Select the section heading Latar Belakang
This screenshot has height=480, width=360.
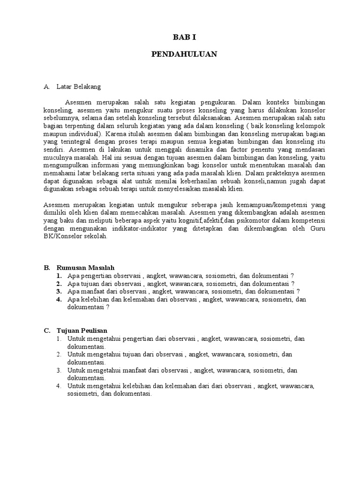click(x=78, y=87)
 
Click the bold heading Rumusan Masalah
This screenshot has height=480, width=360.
click(x=85, y=268)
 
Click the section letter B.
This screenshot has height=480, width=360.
click(x=47, y=268)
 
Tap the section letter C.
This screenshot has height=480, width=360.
click(x=47, y=330)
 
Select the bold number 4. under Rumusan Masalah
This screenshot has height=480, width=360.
click(x=60, y=300)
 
